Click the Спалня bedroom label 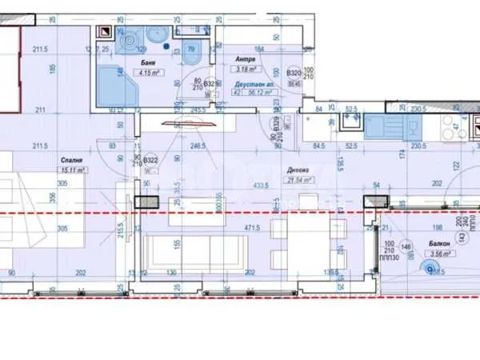tap(73, 161)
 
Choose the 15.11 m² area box tap(73, 170)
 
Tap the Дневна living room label tap(299, 170)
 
